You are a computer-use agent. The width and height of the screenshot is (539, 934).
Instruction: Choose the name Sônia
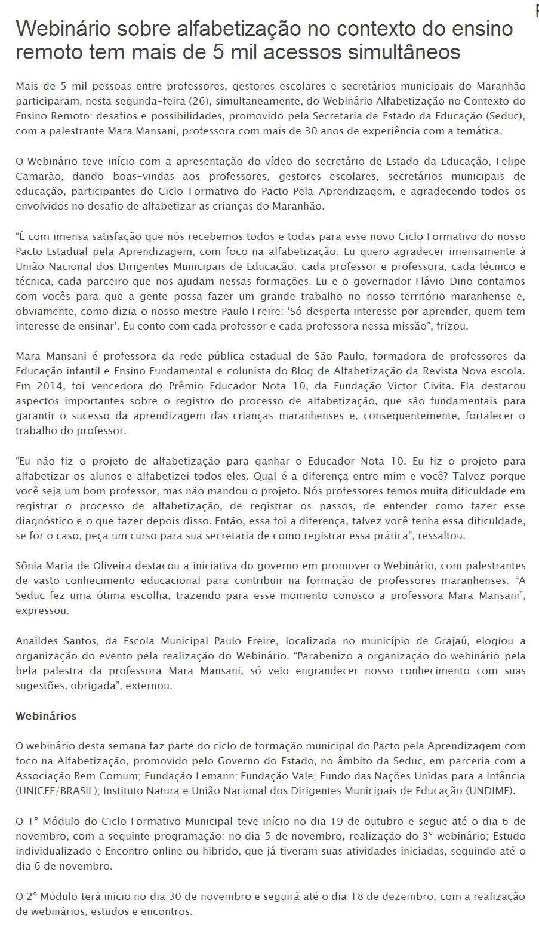click(x=29, y=566)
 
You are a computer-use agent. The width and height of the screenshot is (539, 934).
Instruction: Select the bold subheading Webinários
click(x=46, y=715)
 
